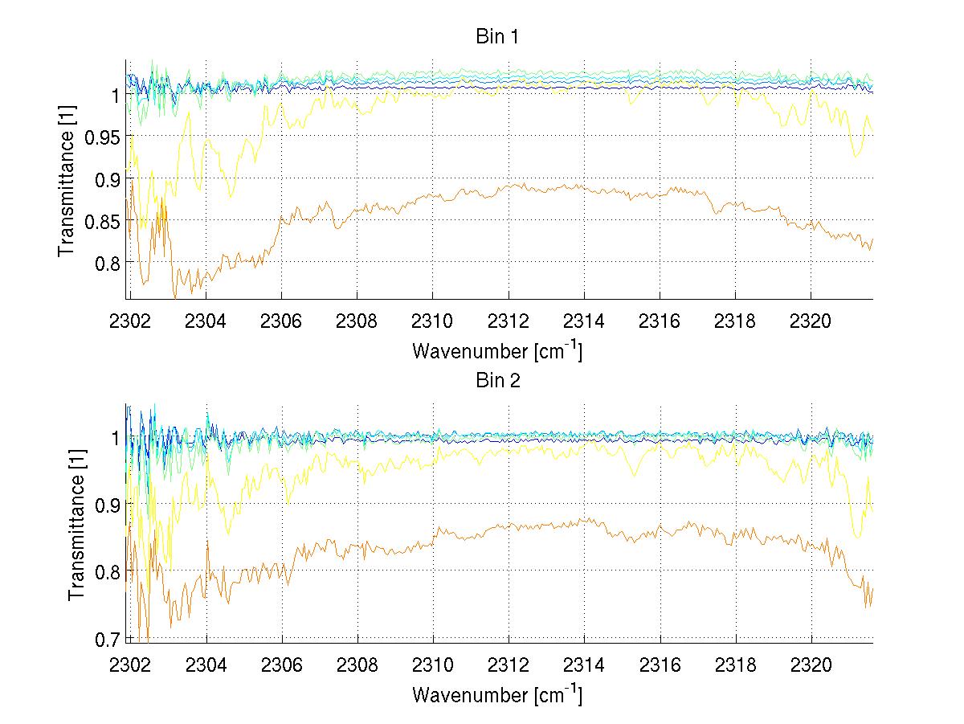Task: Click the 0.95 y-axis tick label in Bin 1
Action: coord(101,137)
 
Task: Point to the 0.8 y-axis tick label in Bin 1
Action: coord(105,263)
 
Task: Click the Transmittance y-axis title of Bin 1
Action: coord(67,178)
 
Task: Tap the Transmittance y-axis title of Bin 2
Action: coord(77,522)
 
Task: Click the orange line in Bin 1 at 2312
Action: coord(509,186)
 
